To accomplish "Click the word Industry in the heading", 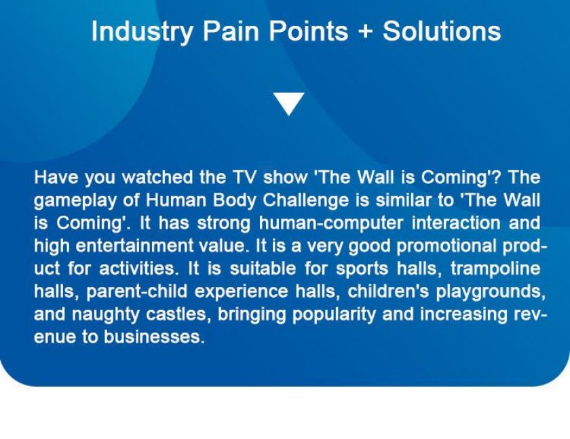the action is pyautogui.click(x=142, y=32).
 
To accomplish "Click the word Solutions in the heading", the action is pyautogui.click(x=442, y=31).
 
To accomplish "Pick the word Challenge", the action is pyautogui.click(x=305, y=201).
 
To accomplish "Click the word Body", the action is pyautogui.click(x=234, y=201).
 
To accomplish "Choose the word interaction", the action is pyautogui.click(x=456, y=223).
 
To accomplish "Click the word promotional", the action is pyautogui.click(x=446, y=247).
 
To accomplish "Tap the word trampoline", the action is pyautogui.click(x=495, y=269).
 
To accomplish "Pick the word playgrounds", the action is pyautogui.click(x=491, y=292).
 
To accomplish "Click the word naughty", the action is pyautogui.click(x=105, y=315).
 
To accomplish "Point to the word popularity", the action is pyautogui.click(x=334, y=315).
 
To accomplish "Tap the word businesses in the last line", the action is pyautogui.click(x=152, y=337).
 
